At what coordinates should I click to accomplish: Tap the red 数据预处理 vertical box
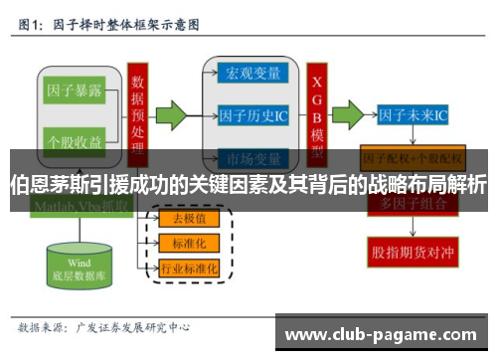pos(137,109)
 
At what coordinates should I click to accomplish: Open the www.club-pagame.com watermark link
pos(387,334)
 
